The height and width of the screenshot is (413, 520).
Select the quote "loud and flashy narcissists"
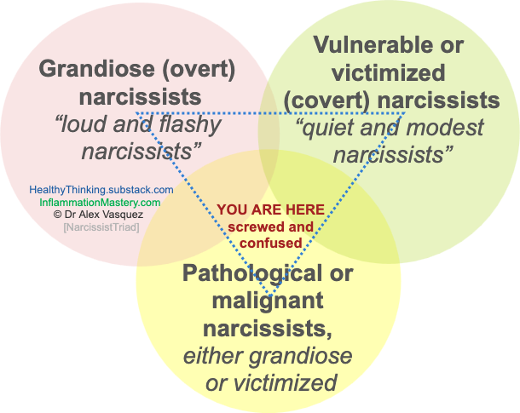[138, 138]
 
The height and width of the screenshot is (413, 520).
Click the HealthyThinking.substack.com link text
[101, 190]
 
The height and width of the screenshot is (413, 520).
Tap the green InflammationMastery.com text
[99, 203]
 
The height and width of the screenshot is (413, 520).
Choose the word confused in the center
[271, 243]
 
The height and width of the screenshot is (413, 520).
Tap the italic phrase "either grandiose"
[268, 355]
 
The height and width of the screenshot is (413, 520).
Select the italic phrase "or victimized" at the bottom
[271, 382]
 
